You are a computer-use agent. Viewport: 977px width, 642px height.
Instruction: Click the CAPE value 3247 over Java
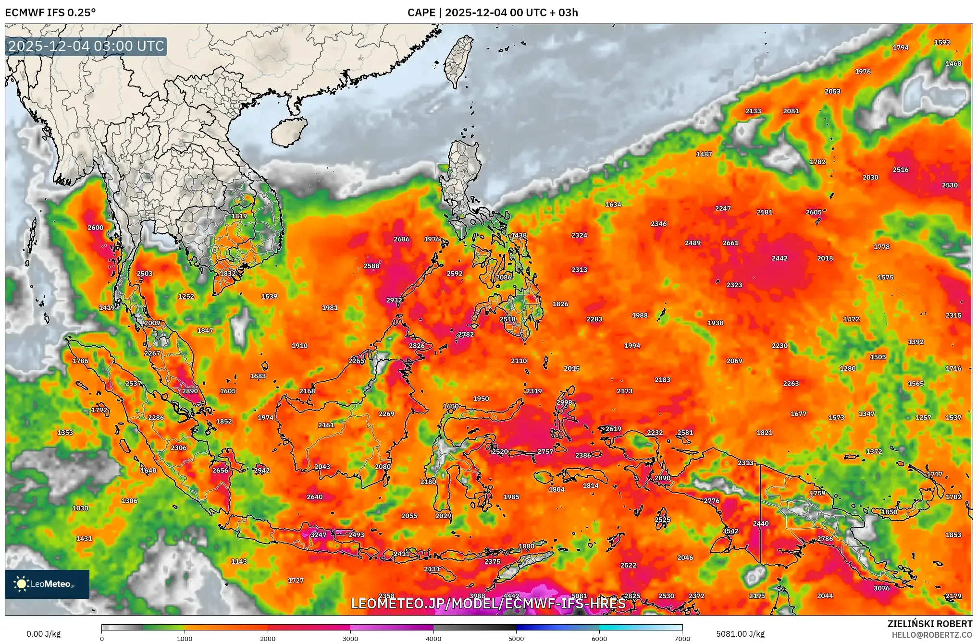(x=318, y=535)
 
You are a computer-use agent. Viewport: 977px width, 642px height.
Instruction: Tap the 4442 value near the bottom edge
(x=511, y=596)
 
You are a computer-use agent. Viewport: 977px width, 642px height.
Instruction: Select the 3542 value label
(x=730, y=531)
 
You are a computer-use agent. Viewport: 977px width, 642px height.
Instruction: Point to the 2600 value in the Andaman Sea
(x=95, y=228)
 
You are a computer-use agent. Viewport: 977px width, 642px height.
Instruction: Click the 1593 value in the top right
(x=942, y=42)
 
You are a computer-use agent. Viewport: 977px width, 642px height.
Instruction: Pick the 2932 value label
(x=394, y=300)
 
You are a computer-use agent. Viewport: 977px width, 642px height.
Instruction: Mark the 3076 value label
(x=881, y=588)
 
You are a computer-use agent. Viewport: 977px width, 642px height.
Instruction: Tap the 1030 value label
(x=80, y=508)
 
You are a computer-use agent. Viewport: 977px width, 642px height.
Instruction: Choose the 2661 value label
(x=730, y=243)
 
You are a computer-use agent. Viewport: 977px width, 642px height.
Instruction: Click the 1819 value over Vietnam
(x=239, y=216)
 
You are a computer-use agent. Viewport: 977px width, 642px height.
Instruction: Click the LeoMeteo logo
(x=47, y=584)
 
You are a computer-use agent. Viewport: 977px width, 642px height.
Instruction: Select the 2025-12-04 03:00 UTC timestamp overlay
(x=87, y=46)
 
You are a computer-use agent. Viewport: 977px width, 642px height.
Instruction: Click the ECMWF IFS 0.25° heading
(x=50, y=12)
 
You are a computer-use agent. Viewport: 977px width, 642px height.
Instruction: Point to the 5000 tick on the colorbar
(x=516, y=639)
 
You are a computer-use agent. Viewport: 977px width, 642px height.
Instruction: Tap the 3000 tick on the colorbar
(x=350, y=639)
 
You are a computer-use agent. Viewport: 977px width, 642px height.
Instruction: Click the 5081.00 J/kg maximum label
(x=740, y=634)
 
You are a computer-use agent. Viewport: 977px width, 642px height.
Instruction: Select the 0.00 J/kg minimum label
(x=43, y=634)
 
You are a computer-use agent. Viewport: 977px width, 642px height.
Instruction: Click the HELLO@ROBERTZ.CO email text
(x=932, y=635)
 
